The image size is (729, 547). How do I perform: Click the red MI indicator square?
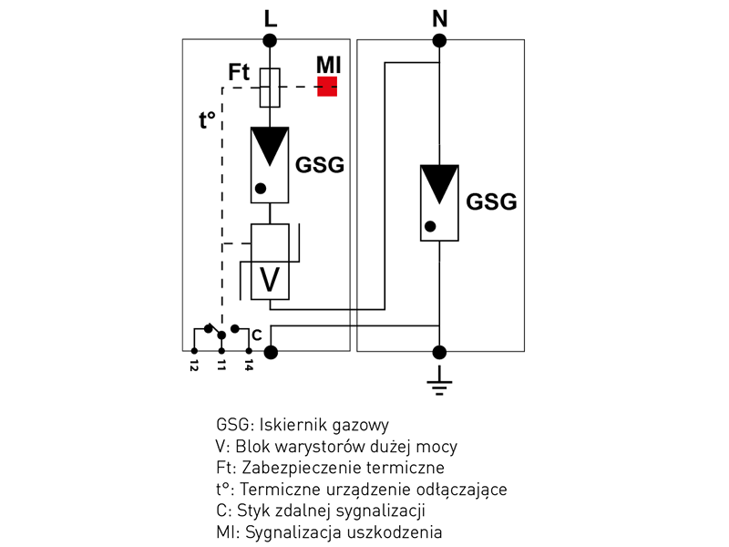tap(327, 87)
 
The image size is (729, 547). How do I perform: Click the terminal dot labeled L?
tap(270, 40)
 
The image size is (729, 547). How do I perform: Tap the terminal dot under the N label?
tap(439, 40)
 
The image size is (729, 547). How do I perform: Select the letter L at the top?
tap(270, 17)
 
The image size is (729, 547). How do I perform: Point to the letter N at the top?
tap(439, 17)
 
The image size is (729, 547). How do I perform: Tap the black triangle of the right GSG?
tap(439, 183)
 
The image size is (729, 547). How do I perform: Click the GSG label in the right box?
tap(491, 201)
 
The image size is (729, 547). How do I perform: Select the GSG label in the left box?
tap(321, 165)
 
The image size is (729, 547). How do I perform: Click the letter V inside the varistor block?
tap(270, 281)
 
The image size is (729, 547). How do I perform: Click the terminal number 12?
tap(194, 366)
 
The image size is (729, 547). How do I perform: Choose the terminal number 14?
tap(248, 366)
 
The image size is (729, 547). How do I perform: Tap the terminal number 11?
tap(221, 366)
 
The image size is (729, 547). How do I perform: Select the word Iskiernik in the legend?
tap(291, 425)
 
